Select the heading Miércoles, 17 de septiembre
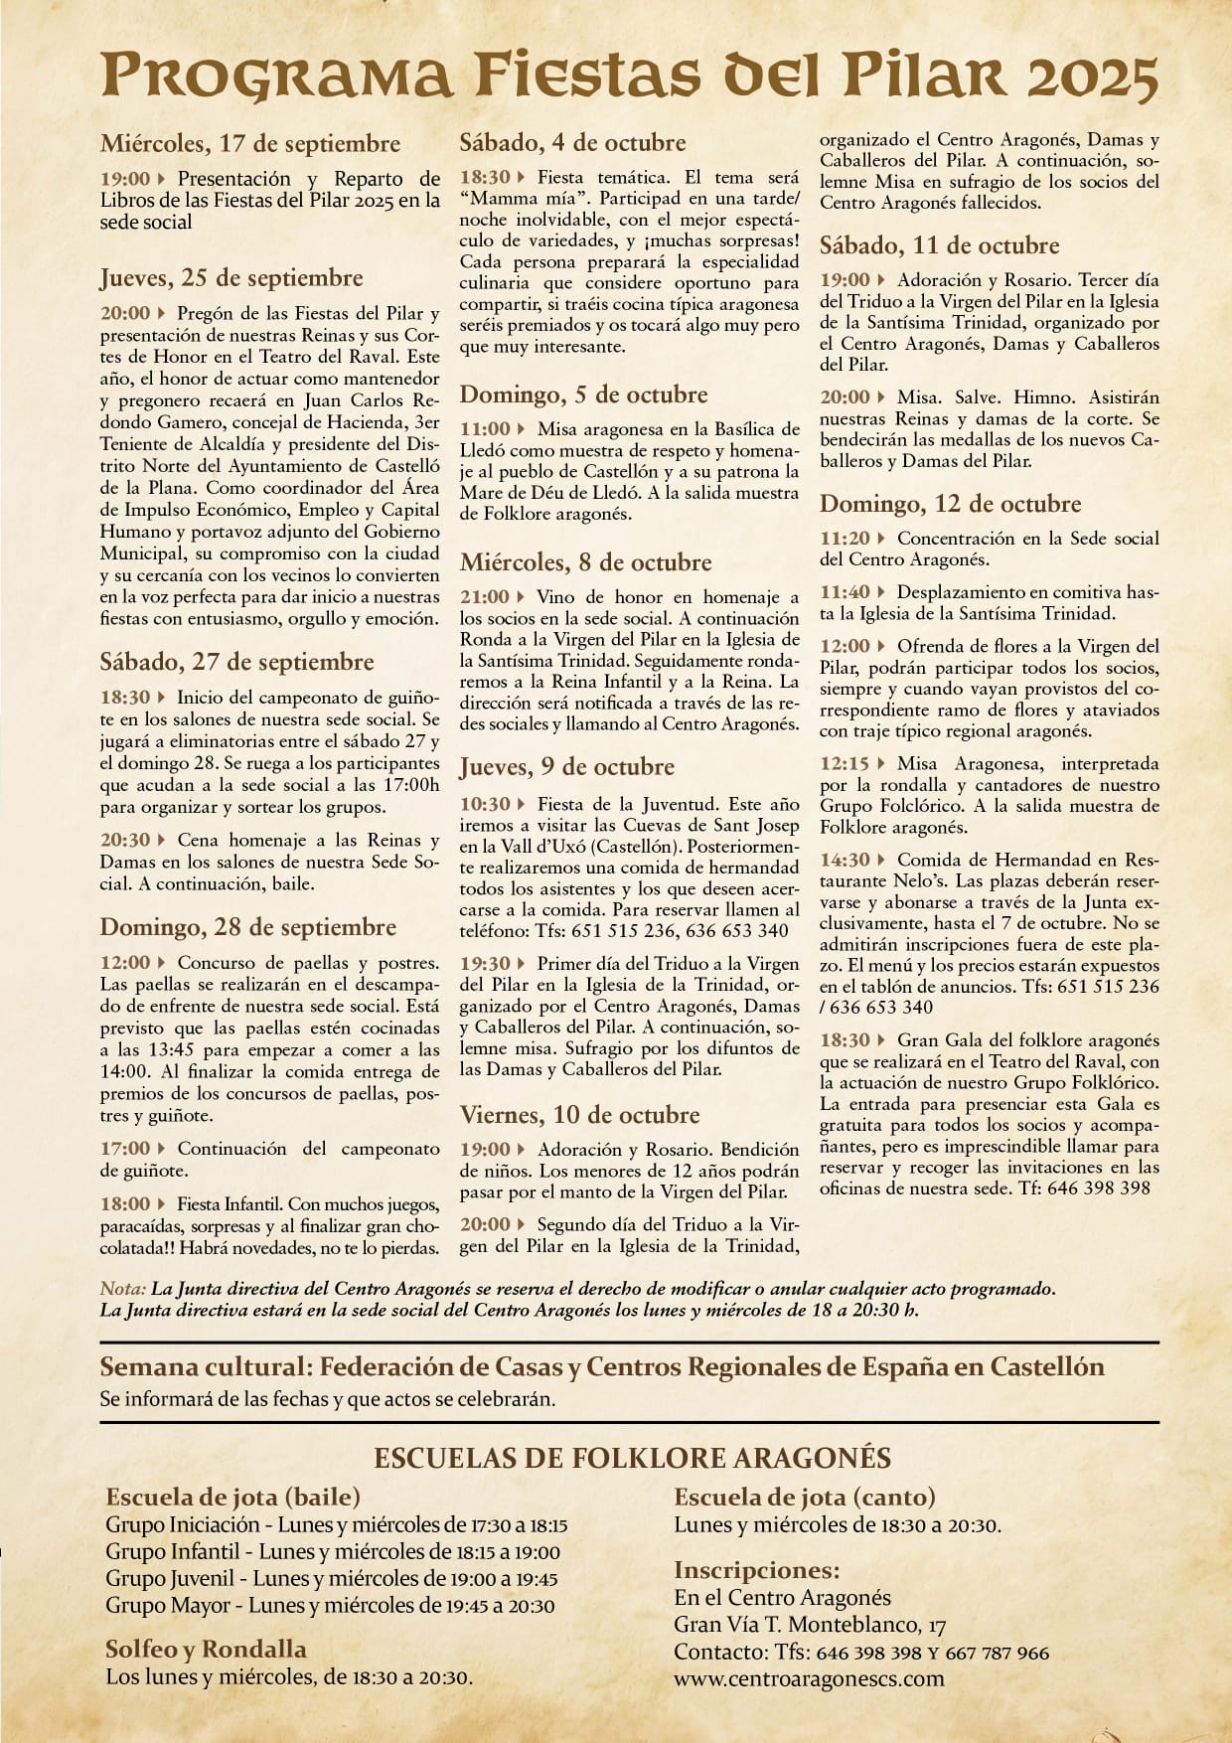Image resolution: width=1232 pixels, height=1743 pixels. [249, 143]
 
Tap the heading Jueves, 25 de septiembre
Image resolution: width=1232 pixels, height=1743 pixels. [231, 278]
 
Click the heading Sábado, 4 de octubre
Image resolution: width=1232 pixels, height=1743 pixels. [572, 143]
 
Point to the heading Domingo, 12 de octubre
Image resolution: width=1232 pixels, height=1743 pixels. [950, 504]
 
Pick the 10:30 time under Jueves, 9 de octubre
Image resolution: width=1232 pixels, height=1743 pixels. [484, 804]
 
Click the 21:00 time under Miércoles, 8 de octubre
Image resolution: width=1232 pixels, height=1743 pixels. [484, 597]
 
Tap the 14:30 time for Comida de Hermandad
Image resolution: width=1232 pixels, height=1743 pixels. [845, 860]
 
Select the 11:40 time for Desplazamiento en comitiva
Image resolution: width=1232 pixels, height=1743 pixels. [845, 592]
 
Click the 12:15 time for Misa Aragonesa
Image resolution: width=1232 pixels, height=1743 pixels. [845, 764]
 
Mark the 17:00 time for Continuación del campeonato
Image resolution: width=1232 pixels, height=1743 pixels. [124, 1149]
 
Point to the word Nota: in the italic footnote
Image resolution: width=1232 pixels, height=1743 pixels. [123, 1289]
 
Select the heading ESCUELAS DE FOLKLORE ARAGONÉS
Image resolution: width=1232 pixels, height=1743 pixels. [632, 1458]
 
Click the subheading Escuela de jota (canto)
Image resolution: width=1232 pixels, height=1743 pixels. [805, 1497]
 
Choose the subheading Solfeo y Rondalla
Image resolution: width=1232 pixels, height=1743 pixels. [206, 1650]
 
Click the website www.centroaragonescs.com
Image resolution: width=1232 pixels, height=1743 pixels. [809, 1678]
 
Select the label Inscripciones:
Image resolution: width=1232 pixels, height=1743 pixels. [756, 1571]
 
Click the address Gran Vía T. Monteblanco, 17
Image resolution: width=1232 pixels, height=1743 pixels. [810, 1626]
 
